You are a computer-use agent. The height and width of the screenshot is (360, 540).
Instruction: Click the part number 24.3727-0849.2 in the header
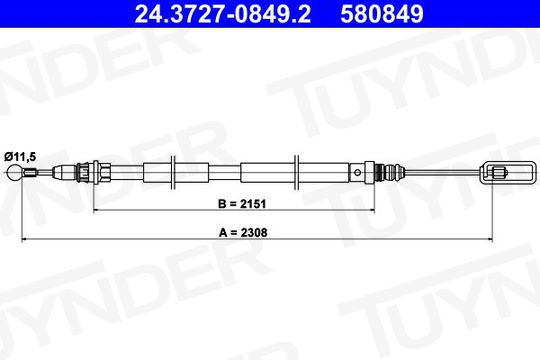pos(223,14)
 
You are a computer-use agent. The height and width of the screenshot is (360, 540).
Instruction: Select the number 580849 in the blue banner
pos(382,14)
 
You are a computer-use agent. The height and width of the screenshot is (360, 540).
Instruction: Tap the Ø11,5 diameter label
pos(20,157)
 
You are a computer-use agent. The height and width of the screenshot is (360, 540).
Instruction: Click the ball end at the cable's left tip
pos(14,173)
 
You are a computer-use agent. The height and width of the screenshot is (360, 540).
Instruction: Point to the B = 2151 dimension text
pos(242,204)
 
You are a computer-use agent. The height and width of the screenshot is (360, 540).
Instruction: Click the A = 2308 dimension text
pos(243,233)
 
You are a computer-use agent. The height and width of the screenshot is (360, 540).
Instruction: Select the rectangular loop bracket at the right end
pos(508,172)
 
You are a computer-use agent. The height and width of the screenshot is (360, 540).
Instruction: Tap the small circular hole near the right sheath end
pos(358,172)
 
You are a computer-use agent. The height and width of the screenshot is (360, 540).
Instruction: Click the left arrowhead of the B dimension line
pos(96,209)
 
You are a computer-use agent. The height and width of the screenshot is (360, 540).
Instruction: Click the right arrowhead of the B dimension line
pos(372,209)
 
